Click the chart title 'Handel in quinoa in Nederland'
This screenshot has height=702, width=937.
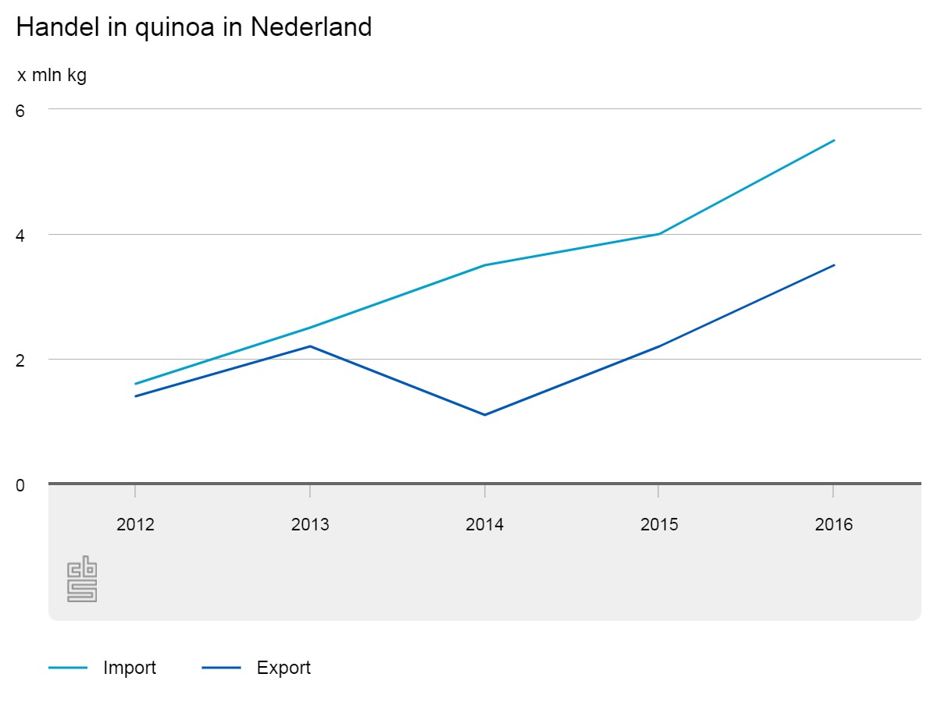point(194,28)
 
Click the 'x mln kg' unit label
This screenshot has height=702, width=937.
point(52,76)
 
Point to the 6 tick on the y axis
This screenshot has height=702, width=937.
point(20,111)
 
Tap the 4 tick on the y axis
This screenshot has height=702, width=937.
point(20,235)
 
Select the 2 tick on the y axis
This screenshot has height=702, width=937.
point(20,360)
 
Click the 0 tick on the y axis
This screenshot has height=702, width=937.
point(20,485)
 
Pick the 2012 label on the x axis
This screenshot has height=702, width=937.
point(135,524)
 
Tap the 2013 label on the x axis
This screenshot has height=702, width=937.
point(310,524)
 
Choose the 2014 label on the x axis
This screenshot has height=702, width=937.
point(485,524)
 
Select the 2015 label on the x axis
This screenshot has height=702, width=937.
point(660,524)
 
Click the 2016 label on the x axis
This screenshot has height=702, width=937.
point(834,524)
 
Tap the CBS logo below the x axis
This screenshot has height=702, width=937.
point(82,579)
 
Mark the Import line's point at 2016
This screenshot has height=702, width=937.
point(834,140)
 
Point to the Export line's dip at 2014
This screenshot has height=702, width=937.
point(485,415)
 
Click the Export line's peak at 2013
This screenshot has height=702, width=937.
point(310,346)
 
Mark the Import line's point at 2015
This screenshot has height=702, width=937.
point(660,234)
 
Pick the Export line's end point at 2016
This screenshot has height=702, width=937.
point(834,265)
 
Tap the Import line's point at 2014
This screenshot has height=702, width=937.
point(485,265)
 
